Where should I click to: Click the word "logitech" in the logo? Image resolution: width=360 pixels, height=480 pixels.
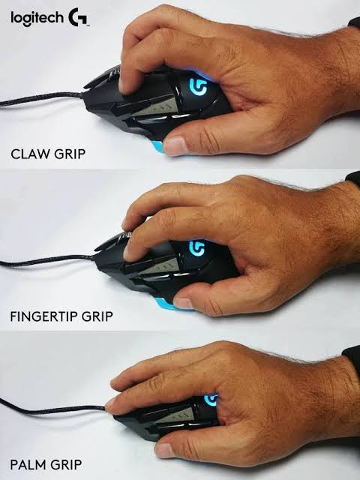[x=37, y=18]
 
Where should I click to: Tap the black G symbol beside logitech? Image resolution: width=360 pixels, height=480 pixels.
[x=77, y=17]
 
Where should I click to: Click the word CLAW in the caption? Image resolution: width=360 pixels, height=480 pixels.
[x=28, y=154]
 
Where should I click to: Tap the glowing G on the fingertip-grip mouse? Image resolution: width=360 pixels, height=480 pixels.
[x=196, y=248]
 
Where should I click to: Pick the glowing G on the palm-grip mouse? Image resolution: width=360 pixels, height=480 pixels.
[x=211, y=400]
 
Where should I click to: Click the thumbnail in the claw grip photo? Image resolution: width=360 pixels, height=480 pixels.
[x=175, y=145]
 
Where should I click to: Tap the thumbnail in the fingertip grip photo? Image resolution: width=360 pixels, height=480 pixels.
[x=183, y=303]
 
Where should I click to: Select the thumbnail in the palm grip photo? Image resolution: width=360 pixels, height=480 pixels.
[x=165, y=450]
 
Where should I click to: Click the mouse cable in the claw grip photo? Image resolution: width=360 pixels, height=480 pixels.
[x=41, y=98]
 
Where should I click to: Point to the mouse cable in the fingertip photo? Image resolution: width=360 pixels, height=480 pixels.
[x=46, y=260]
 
